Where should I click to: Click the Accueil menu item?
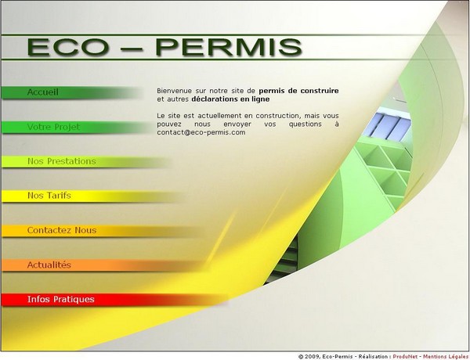coord(43,92)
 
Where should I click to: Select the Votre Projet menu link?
coord(53,127)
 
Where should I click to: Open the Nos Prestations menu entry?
coord(62,161)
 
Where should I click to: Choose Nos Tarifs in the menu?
coord(49,196)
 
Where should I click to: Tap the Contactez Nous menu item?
coord(62,230)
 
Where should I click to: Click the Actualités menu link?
coord(49,265)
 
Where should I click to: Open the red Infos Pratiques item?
coord(61,299)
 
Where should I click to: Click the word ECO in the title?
coord(68,47)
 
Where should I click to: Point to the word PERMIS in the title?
coord(229,47)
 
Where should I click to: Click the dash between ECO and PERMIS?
coord(132,49)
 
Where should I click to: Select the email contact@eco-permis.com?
coord(201,132)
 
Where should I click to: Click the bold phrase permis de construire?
coord(299,91)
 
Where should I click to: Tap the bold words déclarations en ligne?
coord(230,99)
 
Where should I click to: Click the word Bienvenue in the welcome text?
coord(174,91)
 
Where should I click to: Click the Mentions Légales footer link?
coord(446,357)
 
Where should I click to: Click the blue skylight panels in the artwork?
coord(391,125)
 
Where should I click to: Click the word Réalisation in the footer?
coord(373,357)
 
